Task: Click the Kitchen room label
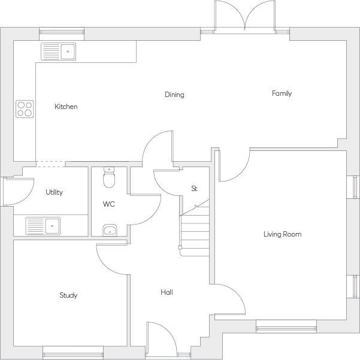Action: point(66,107)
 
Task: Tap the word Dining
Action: point(174,95)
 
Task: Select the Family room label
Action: point(282,93)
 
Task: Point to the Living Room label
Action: point(282,234)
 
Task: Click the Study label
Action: point(68,295)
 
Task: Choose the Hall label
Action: point(167,292)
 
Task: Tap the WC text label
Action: point(108,204)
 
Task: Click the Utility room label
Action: point(55,192)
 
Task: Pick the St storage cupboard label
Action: point(194,189)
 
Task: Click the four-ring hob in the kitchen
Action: point(25,108)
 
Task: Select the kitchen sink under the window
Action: point(58,52)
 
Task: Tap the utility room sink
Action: point(43,226)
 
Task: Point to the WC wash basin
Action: point(108,230)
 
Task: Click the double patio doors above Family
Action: point(245,17)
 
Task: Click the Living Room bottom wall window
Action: point(286,326)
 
